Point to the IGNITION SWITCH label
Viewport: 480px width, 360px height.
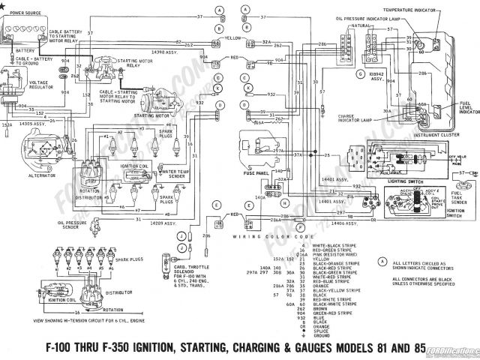coord(454,213)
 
